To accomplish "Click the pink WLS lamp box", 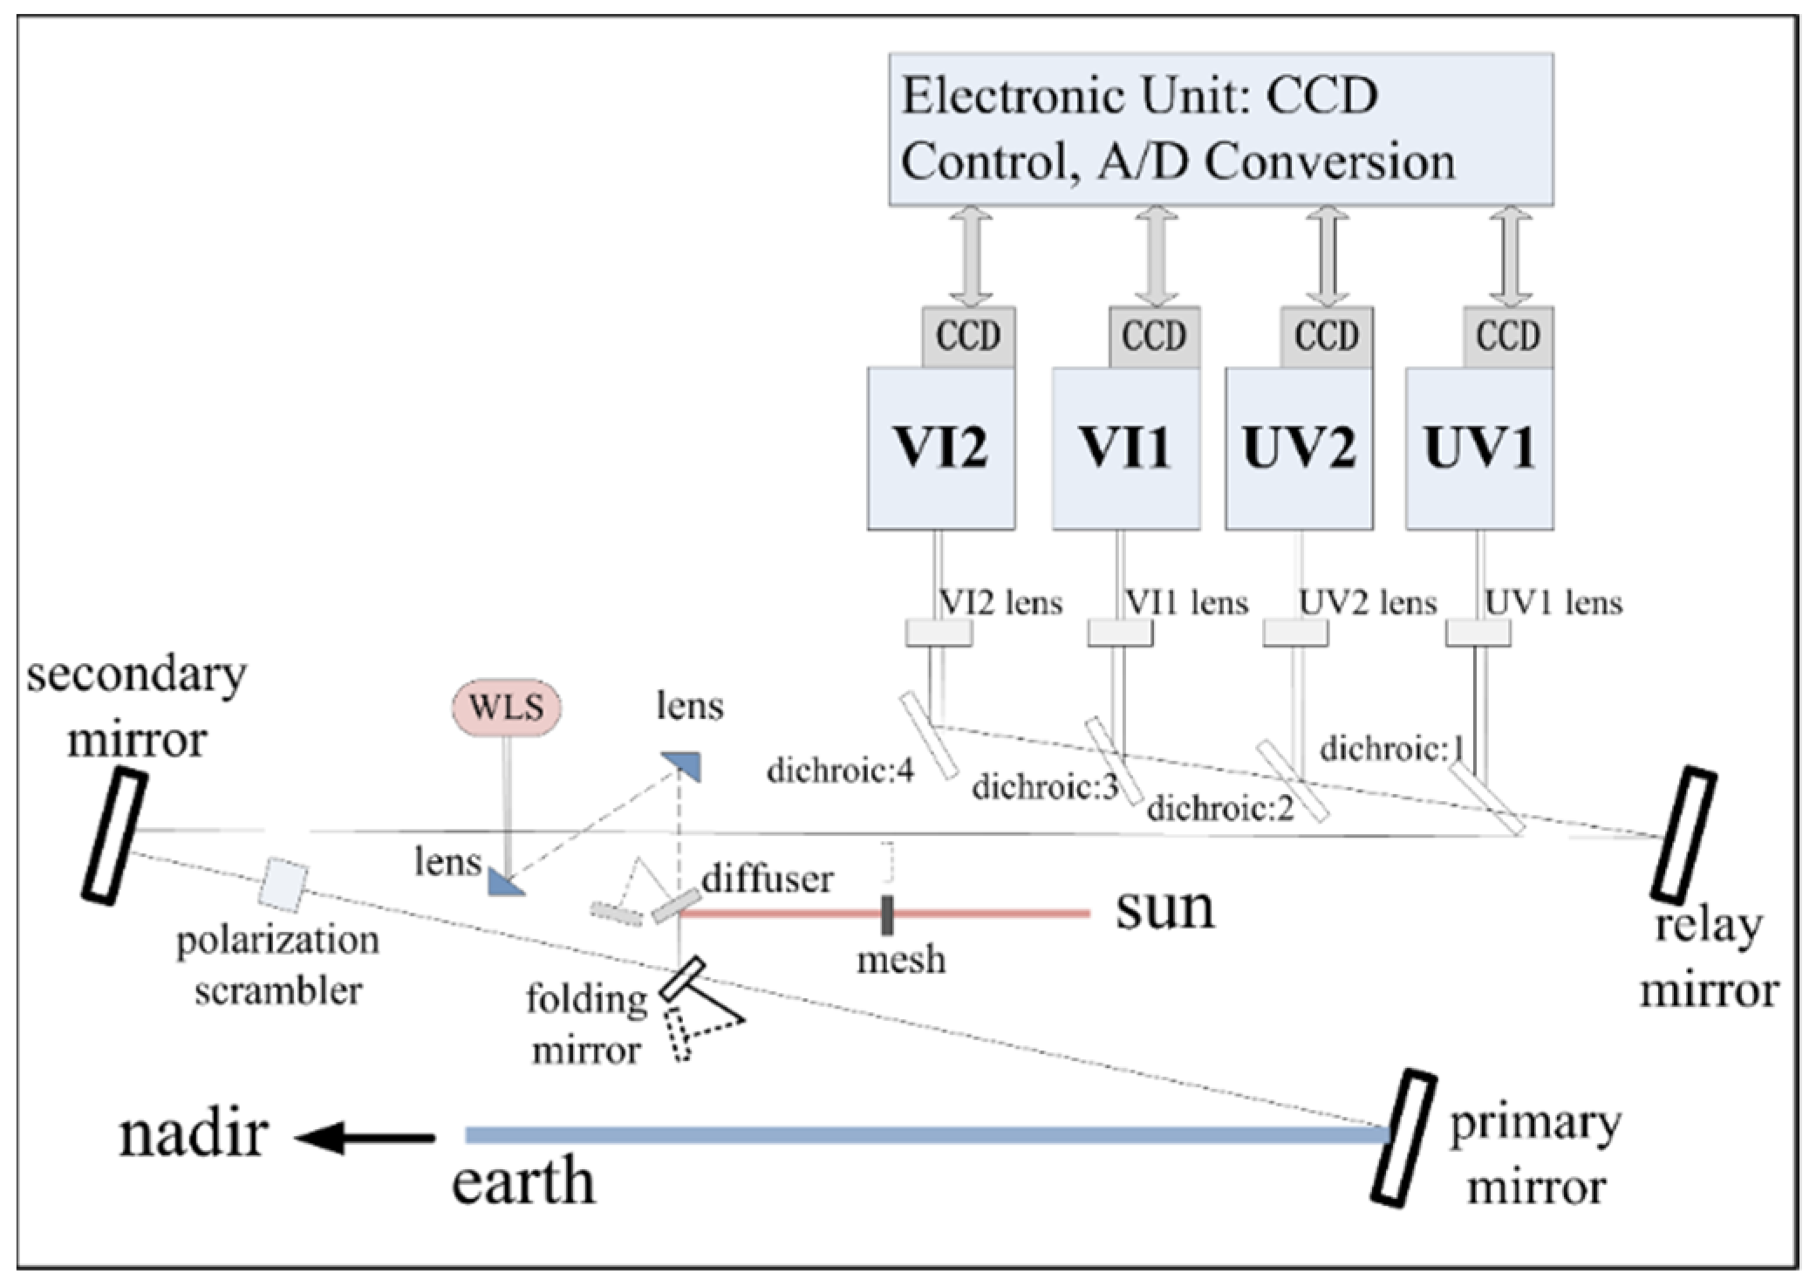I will (506, 706).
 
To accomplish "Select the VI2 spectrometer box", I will (940, 448).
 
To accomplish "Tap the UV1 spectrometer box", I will (1479, 448).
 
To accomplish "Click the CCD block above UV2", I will (1326, 336).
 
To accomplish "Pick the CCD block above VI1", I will (1154, 336).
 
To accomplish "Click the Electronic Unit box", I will (1220, 129).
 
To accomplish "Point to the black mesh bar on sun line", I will (887, 914).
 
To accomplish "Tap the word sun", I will (1164, 909).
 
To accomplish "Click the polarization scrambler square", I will (283, 884).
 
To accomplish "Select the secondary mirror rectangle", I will (114, 836).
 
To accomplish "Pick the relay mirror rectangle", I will (1683, 834).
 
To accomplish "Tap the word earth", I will (523, 1182).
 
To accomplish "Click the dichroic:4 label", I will (839, 770).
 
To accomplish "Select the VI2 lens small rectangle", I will (939, 633).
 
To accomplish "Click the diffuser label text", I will (768, 878).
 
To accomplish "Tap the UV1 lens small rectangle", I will (1478, 633).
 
